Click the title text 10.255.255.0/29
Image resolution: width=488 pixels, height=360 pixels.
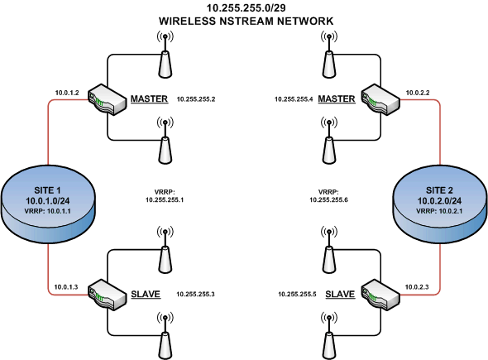click(x=244, y=7)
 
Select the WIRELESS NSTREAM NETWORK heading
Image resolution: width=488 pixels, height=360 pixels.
click(x=244, y=19)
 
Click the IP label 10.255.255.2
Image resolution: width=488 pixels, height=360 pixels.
click(x=195, y=99)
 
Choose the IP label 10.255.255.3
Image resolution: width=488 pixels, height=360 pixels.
click(x=195, y=295)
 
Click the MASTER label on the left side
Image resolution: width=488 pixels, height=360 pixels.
click(x=149, y=99)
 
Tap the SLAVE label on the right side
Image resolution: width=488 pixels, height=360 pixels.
click(x=341, y=294)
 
